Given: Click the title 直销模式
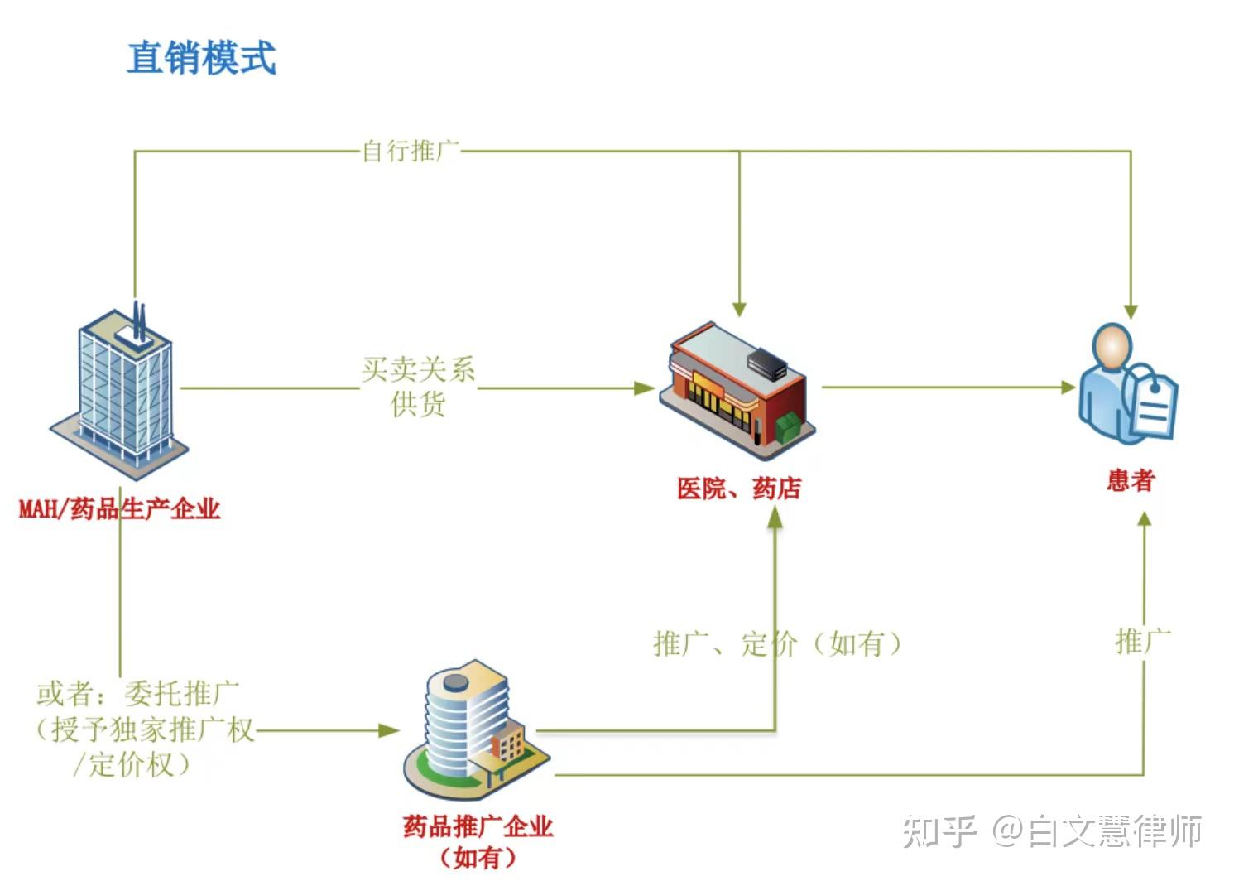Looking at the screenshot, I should [x=201, y=58].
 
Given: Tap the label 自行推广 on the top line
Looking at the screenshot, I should [x=411, y=152].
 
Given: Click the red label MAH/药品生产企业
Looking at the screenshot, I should [x=119, y=508].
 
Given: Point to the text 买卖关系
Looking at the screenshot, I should [x=418, y=369].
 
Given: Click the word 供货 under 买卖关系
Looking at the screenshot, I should [x=418, y=404].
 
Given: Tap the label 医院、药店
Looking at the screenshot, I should [x=738, y=489].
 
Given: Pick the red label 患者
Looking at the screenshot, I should [x=1131, y=480].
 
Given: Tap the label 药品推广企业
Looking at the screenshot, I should [x=478, y=826].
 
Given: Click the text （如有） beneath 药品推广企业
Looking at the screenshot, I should [x=478, y=857].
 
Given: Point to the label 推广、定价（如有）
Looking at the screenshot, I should [x=776, y=643].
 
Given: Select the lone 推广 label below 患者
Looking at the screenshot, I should [x=1143, y=641].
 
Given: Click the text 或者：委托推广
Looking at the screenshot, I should [x=137, y=693].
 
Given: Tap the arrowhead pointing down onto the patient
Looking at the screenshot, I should [x=1131, y=311].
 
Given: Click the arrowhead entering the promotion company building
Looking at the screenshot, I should [x=388, y=730].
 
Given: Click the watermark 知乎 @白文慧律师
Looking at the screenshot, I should [x=1051, y=830].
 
